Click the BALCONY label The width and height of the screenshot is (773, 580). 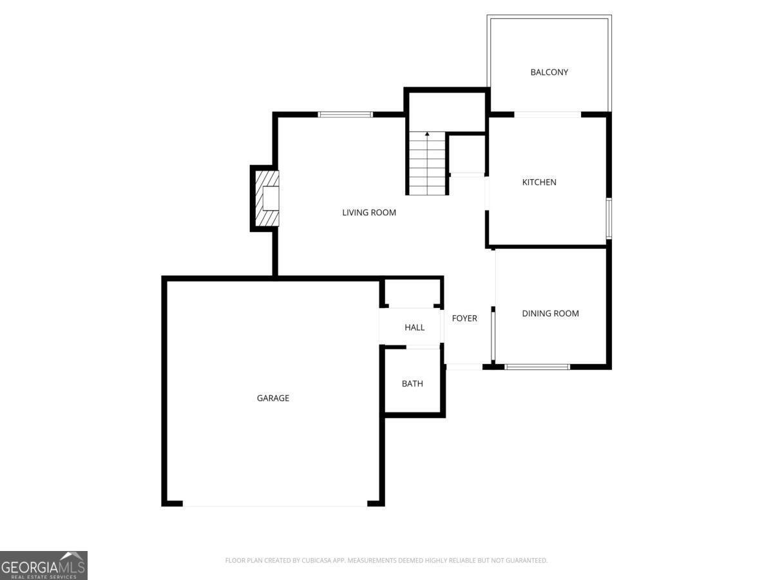(x=549, y=72)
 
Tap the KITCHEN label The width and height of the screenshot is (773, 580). (x=539, y=182)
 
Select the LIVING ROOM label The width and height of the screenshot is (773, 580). (x=369, y=213)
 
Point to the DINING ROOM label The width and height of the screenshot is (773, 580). (x=550, y=313)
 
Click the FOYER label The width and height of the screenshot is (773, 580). (x=464, y=318)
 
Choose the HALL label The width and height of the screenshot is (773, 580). (x=414, y=327)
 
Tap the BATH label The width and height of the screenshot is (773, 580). (x=412, y=383)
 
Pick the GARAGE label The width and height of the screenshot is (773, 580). (x=273, y=398)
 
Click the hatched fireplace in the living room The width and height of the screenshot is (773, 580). (x=267, y=198)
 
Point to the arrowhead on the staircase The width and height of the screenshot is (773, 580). (x=427, y=134)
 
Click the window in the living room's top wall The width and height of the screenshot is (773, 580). (x=345, y=115)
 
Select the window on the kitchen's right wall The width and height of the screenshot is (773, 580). (x=609, y=218)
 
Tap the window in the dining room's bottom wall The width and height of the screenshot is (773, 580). (x=537, y=367)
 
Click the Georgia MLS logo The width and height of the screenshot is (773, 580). (x=44, y=565)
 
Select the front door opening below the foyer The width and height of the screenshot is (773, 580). (x=464, y=367)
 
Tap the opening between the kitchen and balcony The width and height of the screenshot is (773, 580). (x=548, y=115)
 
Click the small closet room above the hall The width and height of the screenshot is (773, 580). (x=412, y=293)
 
